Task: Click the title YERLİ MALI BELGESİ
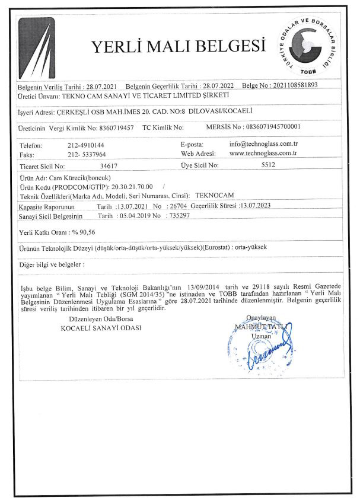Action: point(177,47)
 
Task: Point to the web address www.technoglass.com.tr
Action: point(263,153)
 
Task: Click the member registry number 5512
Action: point(269,167)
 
